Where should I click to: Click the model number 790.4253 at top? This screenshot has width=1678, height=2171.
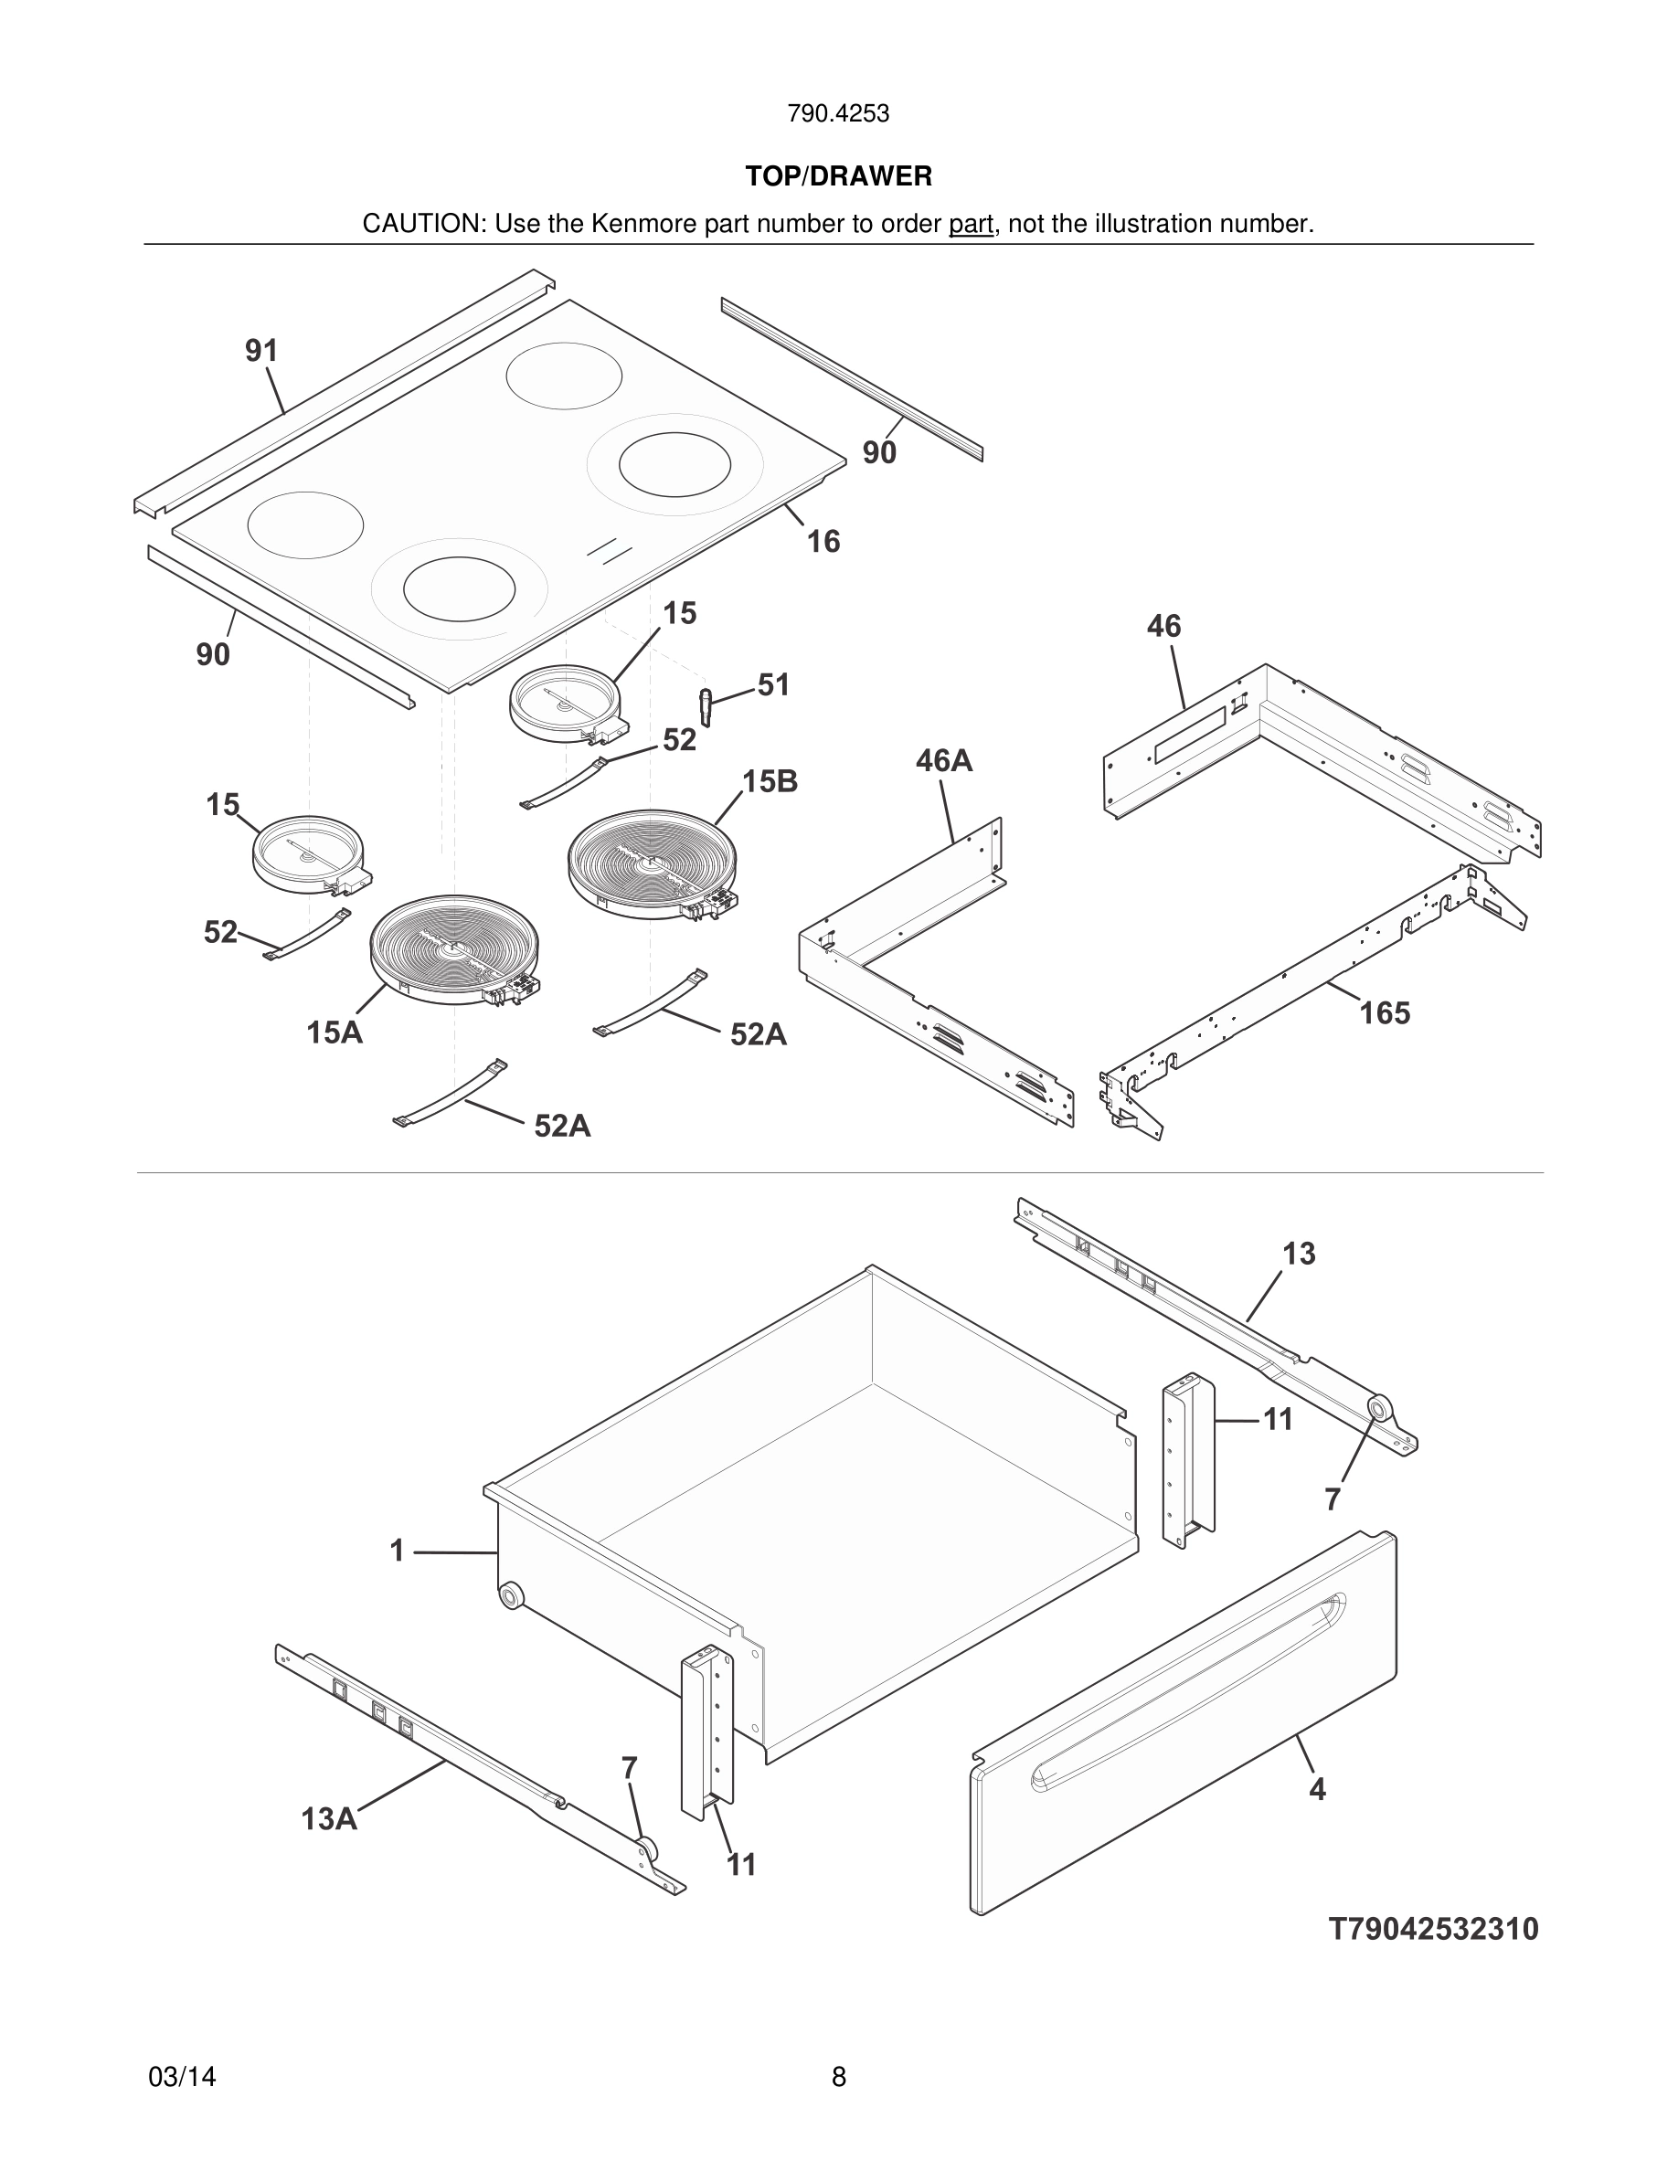coord(838,114)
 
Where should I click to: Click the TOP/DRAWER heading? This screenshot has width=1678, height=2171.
coord(838,177)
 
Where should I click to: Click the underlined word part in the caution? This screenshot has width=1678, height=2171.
coord(971,225)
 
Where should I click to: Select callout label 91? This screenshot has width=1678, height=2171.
coord(261,351)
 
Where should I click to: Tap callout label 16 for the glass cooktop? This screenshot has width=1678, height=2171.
coord(823,542)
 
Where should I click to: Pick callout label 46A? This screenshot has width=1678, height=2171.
coord(943,761)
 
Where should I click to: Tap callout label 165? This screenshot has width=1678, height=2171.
coord(1385,1013)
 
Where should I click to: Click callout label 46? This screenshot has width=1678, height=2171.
coord(1164,626)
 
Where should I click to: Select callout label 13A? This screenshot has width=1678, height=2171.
coord(329,1819)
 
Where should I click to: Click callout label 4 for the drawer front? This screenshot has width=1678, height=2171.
coord(1317,1789)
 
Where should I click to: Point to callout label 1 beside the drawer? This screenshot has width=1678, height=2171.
coord(397,1551)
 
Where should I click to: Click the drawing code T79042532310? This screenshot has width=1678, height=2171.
coord(1432,1929)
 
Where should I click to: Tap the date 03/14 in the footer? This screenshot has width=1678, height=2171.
coord(182,2077)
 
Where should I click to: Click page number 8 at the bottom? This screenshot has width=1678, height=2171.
coord(838,2077)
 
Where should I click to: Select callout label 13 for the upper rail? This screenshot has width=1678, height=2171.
coord(1299,1254)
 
